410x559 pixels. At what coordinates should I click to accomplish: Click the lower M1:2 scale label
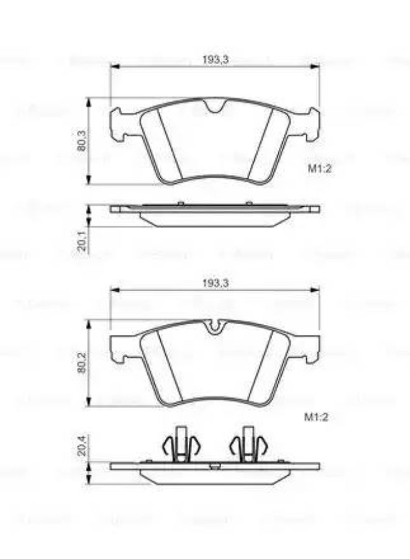(x=316, y=417)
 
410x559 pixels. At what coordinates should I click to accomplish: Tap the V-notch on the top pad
(x=215, y=107)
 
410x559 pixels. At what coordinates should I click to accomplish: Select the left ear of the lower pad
(x=118, y=347)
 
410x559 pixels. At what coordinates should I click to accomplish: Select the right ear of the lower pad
(x=312, y=347)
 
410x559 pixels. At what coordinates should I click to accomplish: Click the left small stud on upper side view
(x=180, y=202)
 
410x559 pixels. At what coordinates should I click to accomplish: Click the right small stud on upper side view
(x=248, y=202)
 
